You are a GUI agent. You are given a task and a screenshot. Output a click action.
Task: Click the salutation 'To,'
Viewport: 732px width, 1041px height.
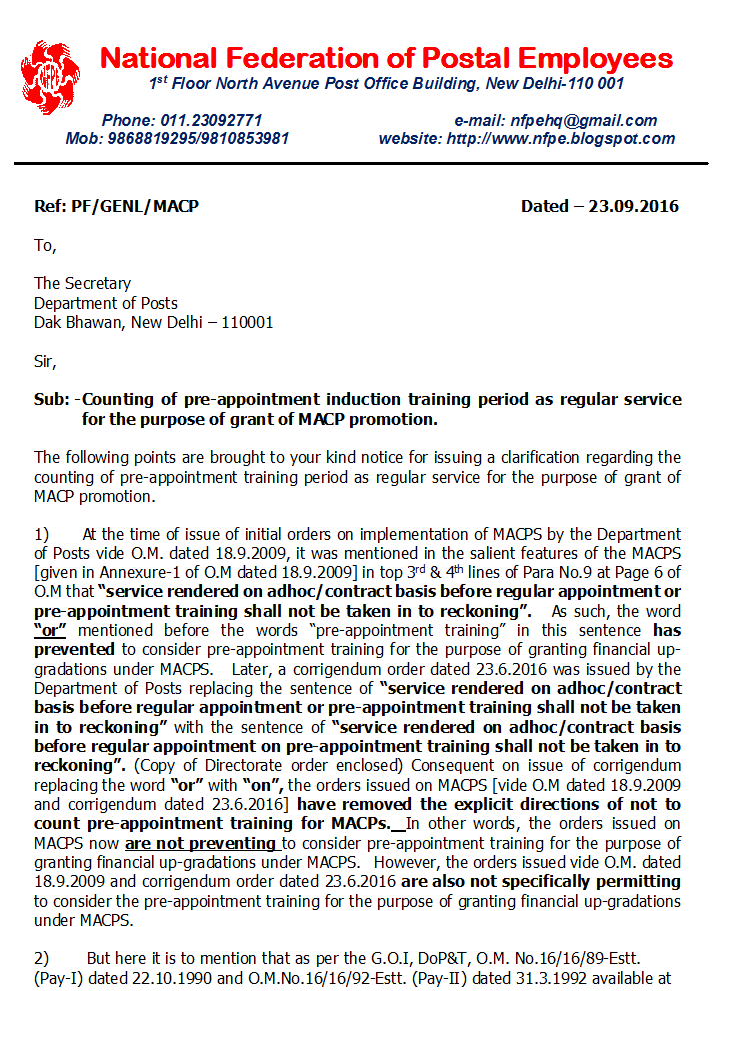pos(45,245)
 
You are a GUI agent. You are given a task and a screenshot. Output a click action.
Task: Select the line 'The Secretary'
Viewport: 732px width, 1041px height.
pos(82,284)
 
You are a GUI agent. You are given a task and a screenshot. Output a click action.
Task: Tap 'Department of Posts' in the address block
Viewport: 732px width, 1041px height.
pos(106,303)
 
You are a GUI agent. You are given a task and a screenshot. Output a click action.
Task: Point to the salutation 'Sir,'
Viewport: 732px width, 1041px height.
pos(46,361)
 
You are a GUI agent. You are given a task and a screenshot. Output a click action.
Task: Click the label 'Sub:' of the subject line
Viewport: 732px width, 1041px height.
pos(51,400)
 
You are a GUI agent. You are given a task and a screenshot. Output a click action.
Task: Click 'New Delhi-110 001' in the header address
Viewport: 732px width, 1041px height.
pos(556,84)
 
